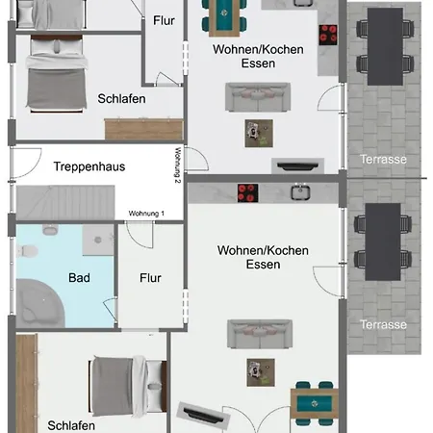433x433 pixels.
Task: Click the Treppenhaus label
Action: [89, 166]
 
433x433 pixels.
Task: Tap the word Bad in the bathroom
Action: [79, 278]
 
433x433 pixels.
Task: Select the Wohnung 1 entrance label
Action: [146, 214]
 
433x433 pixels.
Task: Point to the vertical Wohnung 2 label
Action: [178, 166]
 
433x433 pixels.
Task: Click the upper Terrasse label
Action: [383, 160]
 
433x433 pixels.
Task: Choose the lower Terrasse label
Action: [383, 324]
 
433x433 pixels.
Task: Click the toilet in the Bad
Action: [27, 251]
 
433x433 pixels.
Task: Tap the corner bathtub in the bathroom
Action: [40, 303]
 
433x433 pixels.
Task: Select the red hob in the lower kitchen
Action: [247, 193]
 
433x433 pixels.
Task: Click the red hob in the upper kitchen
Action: [328, 35]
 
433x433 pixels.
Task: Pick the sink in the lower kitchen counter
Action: [300, 192]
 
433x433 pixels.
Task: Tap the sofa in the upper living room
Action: [258, 97]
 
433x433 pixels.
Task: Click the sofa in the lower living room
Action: [260, 334]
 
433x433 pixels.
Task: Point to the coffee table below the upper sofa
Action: [259, 134]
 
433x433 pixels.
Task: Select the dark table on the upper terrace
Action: [385, 46]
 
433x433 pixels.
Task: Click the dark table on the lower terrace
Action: [383, 242]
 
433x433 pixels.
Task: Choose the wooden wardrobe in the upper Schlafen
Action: [144, 129]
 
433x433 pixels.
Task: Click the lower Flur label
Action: [150, 278]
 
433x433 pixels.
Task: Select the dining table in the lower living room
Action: [315, 403]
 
